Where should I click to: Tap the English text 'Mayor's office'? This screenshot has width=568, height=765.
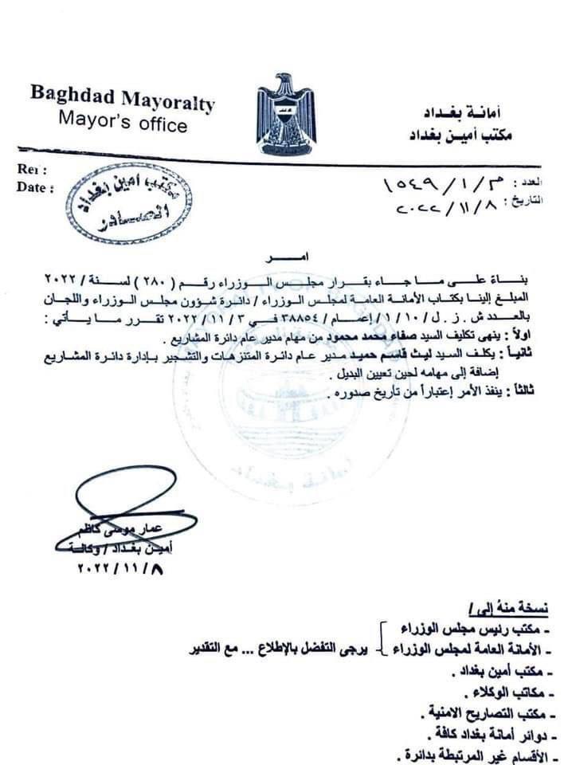[123, 124]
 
